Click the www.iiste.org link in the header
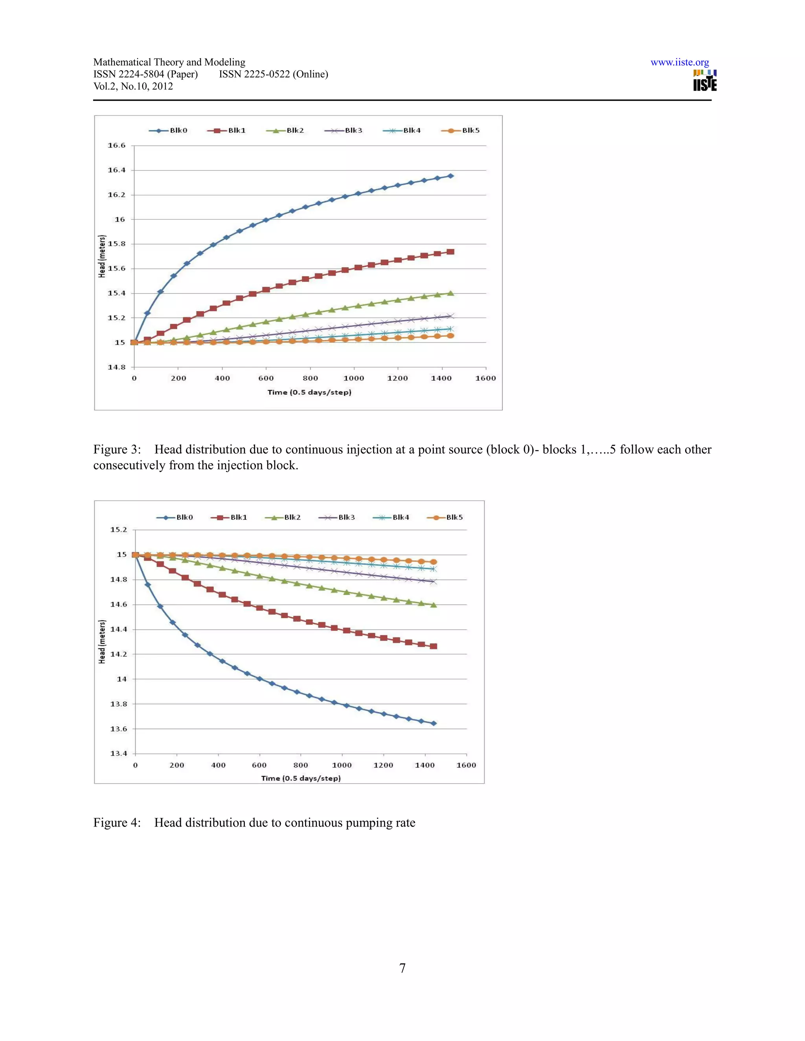[x=679, y=62]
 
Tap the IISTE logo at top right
[x=704, y=81]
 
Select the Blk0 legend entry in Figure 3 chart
[x=168, y=130]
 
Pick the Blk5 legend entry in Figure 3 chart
[x=460, y=130]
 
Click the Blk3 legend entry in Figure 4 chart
[x=337, y=517]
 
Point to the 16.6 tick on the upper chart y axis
[x=116, y=145]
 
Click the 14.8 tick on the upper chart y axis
[x=116, y=367]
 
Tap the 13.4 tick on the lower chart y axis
[x=119, y=753]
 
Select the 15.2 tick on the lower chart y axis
[x=119, y=530]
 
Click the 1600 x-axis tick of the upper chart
[x=485, y=378]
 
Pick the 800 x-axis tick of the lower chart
[x=300, y=765]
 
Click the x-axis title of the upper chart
[x=309, y=392]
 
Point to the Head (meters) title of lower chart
[x=101, y=641]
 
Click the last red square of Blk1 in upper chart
[x=450, y=252]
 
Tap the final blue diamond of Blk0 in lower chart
[x=434, y=724]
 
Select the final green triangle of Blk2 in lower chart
[x=434, y=605]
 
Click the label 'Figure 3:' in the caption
[x=117, y=449]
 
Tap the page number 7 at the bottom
[x=402, y=968]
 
